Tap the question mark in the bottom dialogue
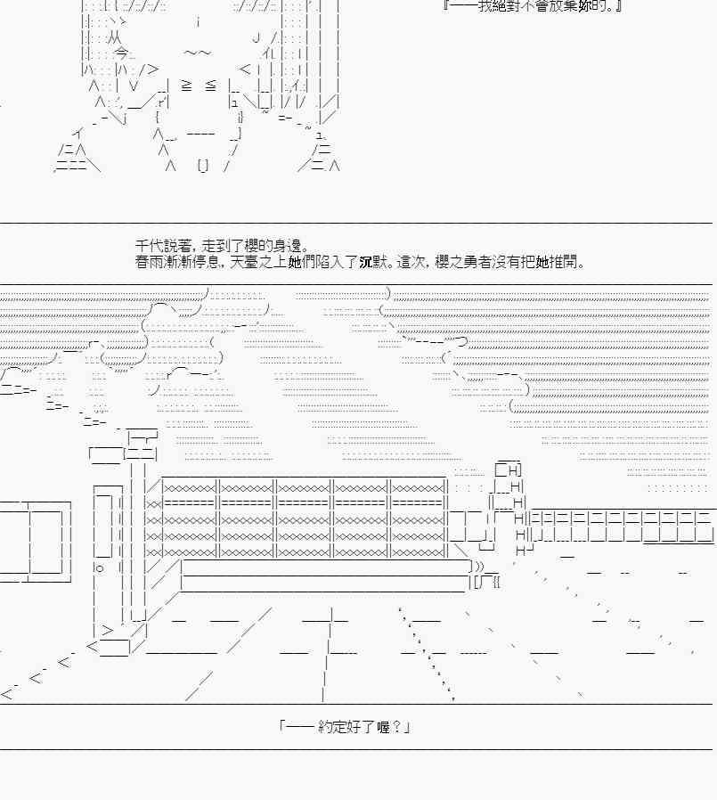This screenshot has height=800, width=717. point(395,727)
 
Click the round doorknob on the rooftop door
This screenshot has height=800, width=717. point(99,567)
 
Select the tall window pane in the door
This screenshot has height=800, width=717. point(103,525)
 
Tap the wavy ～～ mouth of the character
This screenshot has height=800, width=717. point(198,53)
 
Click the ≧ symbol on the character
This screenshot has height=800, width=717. point(186,86)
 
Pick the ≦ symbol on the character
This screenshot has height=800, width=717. point(210,86)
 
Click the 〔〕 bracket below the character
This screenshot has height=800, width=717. point(203,165)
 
